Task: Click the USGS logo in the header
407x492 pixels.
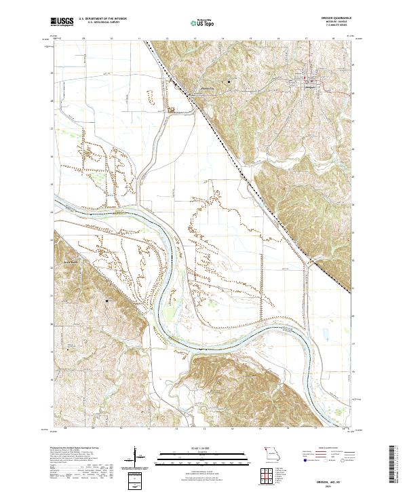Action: [x=62, y=22]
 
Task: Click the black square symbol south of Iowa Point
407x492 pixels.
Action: [x=106, y=299]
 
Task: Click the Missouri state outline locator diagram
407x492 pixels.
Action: [x=272, y=453]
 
